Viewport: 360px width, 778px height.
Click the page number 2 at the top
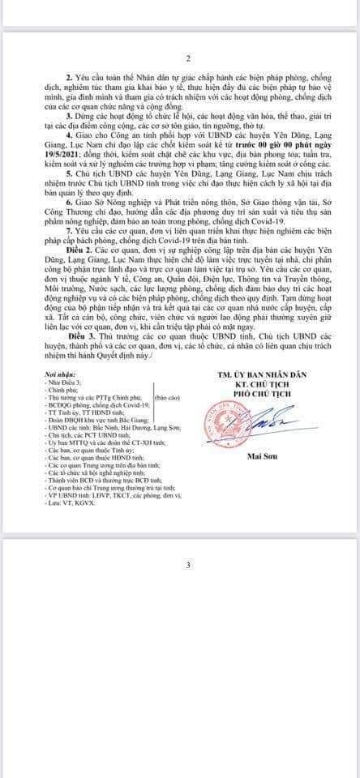(x=188, y=58)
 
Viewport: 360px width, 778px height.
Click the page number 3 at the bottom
(x=188, y=565)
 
